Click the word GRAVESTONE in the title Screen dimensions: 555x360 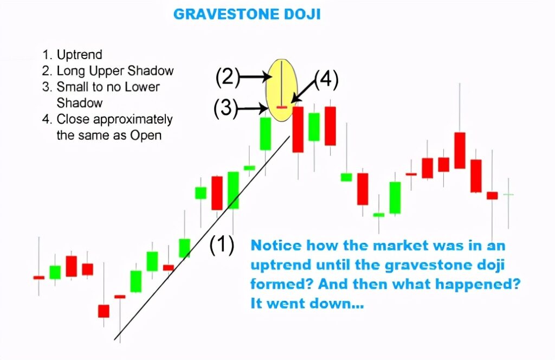227,15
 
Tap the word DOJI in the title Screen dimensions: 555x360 302,15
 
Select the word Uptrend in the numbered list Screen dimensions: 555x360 80,55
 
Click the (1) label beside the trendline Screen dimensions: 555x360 222,245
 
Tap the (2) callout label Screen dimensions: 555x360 228,77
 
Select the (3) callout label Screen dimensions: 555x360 225,108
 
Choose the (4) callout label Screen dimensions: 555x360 326,80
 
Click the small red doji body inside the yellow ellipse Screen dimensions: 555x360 282,107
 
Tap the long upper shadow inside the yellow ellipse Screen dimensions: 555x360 281,83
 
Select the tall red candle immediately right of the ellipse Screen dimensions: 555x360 298,130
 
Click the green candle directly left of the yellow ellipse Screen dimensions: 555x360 266,134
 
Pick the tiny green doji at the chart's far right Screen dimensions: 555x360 508,194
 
